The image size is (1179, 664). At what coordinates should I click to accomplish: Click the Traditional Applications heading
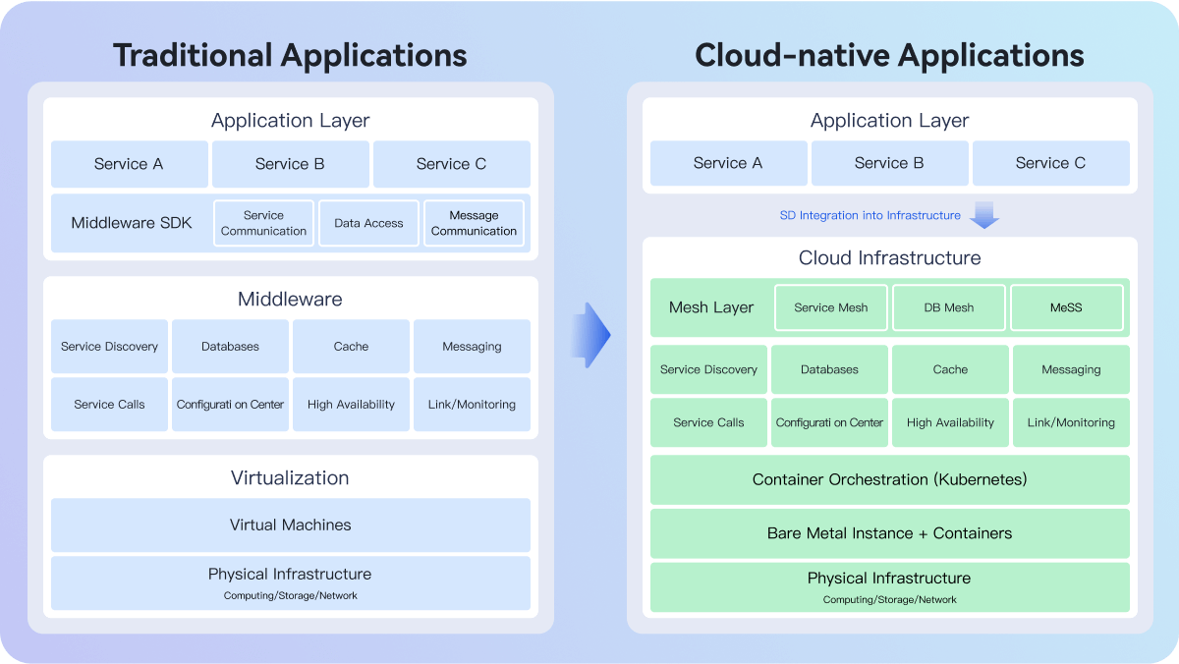(290, 56)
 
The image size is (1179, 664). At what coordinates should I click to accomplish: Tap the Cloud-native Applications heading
(889, 56)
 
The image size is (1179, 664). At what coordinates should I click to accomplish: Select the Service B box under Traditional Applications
(291, 164)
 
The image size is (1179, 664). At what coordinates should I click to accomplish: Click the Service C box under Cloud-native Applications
(1051, 163)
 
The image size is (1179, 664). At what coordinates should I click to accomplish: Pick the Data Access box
(369, 223)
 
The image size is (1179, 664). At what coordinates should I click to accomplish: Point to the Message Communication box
(474, 223)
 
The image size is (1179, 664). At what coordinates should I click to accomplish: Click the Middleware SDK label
(132, 223)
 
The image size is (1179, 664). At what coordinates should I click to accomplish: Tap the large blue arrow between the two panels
(590, 335)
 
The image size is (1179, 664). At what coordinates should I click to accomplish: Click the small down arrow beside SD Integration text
(984, 215)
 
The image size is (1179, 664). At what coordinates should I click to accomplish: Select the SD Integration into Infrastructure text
(870, 215)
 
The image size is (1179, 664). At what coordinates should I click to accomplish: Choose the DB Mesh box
(949, 307)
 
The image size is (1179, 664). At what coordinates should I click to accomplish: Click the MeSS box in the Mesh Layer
(1066, 307)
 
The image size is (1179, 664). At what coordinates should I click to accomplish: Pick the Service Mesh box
(831, 307)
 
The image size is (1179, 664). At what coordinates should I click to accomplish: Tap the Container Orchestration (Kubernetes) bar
(890, 480)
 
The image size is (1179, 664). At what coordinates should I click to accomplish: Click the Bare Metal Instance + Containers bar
(890, 533)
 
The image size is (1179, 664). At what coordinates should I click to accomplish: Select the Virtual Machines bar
(291, 526)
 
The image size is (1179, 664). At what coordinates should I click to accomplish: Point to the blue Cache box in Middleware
(351, 346)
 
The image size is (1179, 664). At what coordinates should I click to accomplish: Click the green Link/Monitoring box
(1071, 422)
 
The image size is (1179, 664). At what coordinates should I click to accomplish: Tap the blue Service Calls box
(109, 404)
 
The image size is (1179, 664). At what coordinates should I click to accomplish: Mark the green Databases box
(829, 369)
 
